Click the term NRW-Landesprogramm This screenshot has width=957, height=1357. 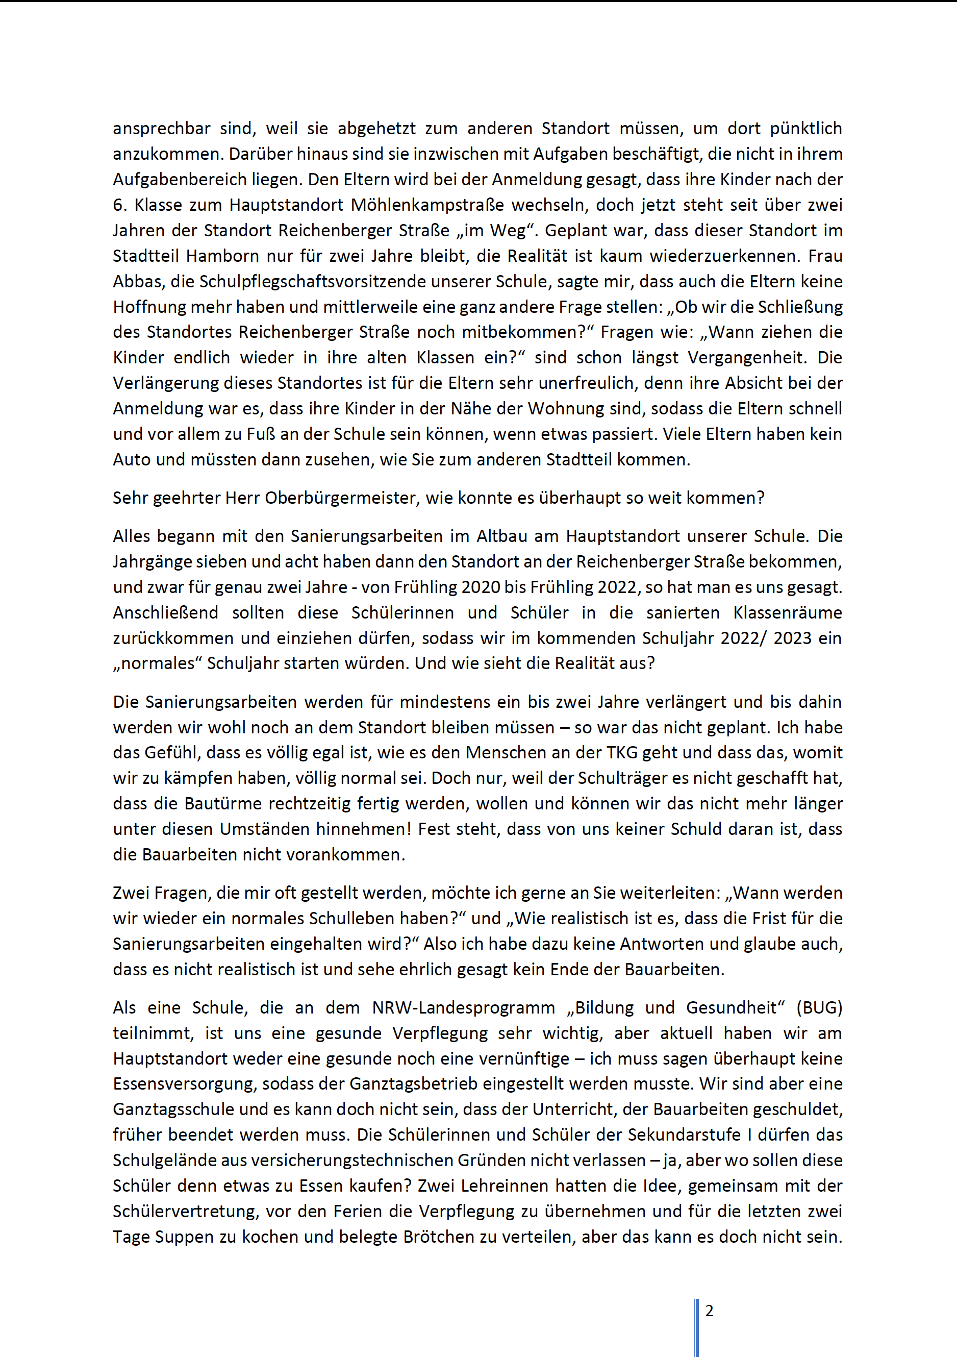pyautogui.click(x=464, y=1008)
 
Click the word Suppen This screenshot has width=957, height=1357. pyautogui.click(x=187, y=1237)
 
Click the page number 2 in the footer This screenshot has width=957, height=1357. pyautogui.click(x=710, y=1311)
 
